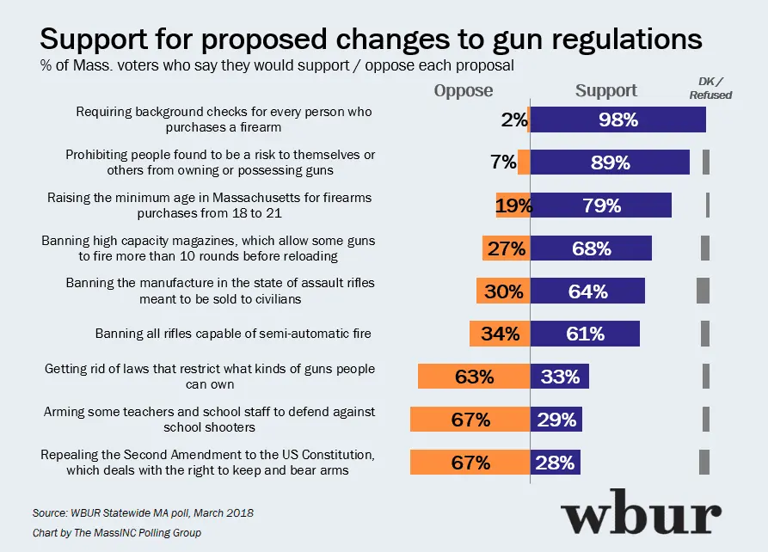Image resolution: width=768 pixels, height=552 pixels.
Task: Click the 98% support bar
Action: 618,120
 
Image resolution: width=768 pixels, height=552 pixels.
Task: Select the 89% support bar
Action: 610,163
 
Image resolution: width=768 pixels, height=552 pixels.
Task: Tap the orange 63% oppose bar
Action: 474,377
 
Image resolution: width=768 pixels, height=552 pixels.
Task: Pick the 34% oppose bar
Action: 500,334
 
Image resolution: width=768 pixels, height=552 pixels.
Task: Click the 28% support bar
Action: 556,462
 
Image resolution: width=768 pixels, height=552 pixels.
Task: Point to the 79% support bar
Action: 600,205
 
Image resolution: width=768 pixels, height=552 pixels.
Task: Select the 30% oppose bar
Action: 503,291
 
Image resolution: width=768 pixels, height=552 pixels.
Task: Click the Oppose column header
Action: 464,91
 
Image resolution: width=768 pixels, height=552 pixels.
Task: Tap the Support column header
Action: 605,90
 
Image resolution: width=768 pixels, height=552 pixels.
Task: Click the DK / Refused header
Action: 710,88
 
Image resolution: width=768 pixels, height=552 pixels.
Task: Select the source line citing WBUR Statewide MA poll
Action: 143,512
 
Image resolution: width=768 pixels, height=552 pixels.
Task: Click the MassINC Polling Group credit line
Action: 116,533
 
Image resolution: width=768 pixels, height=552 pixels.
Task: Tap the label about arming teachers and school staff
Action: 210,420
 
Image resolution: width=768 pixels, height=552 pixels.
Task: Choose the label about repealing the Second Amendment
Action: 209,462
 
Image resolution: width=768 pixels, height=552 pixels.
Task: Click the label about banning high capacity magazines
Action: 209,248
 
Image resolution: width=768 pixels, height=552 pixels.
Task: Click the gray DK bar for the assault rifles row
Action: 703,291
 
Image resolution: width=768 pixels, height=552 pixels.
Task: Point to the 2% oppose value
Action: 513,120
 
